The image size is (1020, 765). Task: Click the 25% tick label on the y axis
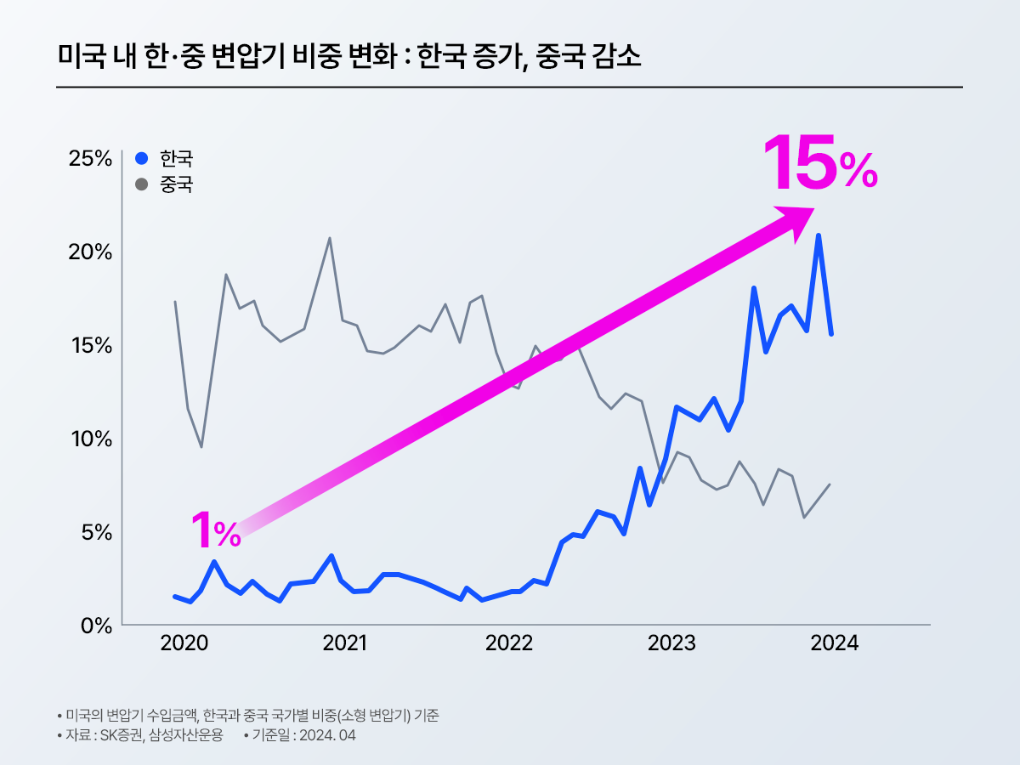coord(91,159)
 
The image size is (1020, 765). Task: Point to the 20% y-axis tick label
coord(91,252)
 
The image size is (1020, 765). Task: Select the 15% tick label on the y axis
coord(91,346)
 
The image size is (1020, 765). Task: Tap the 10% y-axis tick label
coord(91,439)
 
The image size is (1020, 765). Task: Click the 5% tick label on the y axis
coord(95,532)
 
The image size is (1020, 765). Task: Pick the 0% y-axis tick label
coord(95,626)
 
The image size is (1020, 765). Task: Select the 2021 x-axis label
coord(345,643)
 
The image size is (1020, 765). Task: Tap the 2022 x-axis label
coord(508,643)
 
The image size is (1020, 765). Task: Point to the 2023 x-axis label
coord(671,643)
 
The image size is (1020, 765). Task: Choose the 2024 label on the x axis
coord(835,643)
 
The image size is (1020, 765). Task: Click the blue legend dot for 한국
coord(142,158)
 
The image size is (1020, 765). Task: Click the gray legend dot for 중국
coord(142,184)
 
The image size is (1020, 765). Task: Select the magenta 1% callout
coord(215,530)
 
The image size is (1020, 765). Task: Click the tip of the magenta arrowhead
coord(813,209)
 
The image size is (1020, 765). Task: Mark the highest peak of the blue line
coord(818,235)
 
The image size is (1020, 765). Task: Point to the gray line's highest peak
coord(330,238)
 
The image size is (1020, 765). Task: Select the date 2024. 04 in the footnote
coord(325,735)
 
